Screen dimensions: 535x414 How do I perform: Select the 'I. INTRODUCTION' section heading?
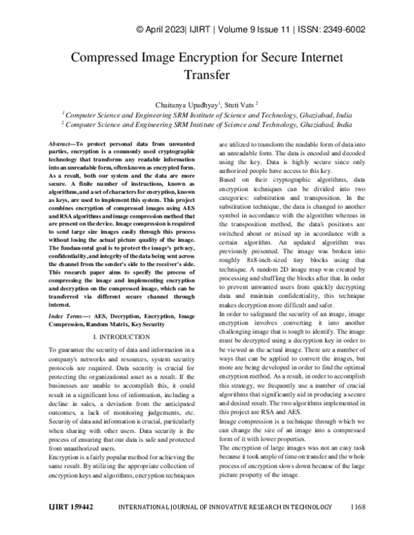[121, 336]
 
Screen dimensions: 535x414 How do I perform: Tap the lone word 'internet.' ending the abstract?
[59, 304]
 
